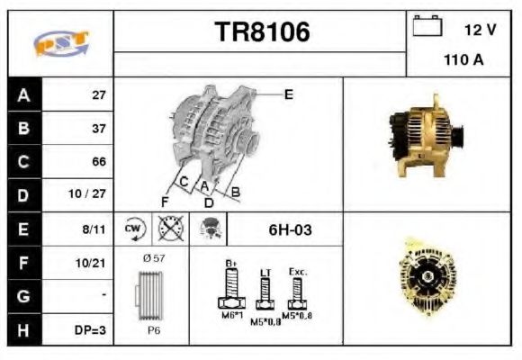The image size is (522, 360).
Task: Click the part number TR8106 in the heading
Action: (262, 32)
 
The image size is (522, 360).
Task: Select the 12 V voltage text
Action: (480, 30)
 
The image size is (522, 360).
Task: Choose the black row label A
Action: (23, 94)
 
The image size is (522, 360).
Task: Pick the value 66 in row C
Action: (99, 162)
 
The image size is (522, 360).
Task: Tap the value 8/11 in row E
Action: (94, 229)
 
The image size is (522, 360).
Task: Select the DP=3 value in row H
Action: (91, 330)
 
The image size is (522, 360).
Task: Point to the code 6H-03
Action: (291, 229)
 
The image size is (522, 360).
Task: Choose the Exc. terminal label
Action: (298, 269)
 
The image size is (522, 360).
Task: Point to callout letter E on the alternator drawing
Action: (289, 93)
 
